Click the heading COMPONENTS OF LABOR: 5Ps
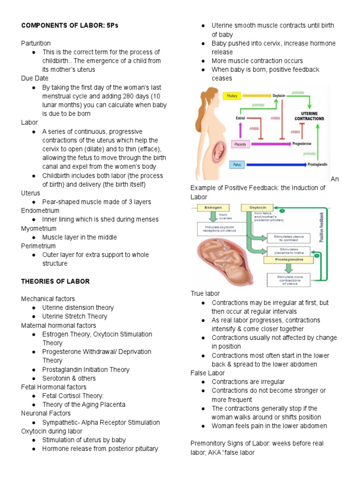point(70,25)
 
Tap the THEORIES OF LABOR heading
point(55,281)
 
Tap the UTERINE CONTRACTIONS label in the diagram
point(309,116)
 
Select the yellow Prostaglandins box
point(289,258)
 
